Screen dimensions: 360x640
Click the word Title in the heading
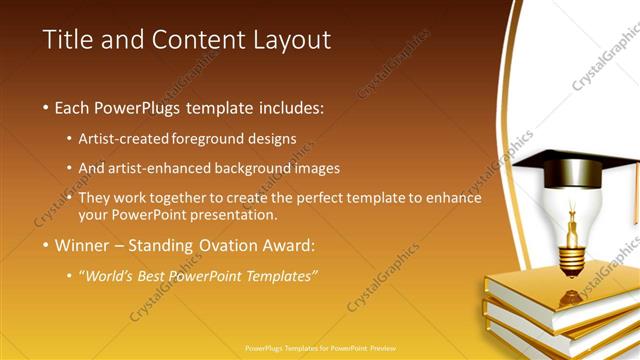point(70,40)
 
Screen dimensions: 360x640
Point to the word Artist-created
point(124,138)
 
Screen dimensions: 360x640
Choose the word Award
point(286,244)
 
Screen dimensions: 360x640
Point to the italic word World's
point(108,275)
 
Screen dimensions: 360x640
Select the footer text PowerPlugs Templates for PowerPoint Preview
point(320,350)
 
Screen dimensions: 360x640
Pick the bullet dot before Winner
point(46,245)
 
